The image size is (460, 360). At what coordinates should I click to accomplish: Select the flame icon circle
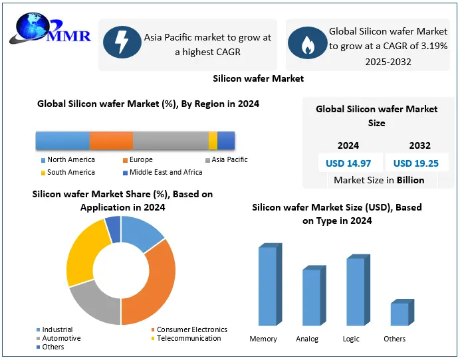point(306,43)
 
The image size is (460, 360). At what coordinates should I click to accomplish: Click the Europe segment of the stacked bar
point(111,141)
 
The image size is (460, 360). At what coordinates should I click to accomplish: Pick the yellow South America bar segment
point(213,141)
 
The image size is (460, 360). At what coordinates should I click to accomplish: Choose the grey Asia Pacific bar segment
point(170,141)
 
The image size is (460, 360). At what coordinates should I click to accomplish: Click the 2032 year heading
point(419,145)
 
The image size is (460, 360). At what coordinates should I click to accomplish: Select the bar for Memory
point(267,286)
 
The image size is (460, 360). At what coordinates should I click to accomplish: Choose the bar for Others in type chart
point(399,314)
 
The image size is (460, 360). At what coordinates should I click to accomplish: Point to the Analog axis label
point(307,339)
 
